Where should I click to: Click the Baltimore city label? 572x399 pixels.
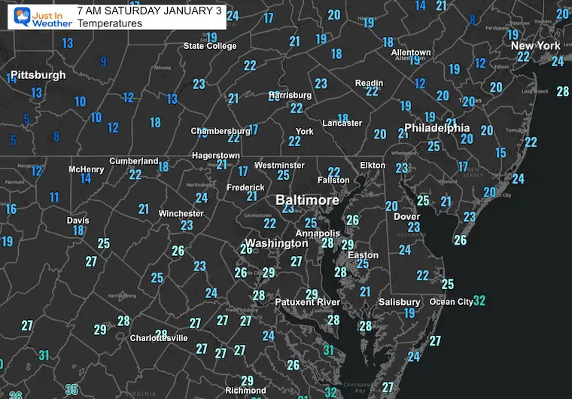[307, 201]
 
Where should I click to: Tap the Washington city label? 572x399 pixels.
[277, 243]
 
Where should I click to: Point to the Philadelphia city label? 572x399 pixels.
[437, 128]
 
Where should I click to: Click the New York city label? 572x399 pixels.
[536, 46]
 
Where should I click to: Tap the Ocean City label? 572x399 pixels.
[451, 302]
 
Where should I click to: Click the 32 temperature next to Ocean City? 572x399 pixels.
[479, 301]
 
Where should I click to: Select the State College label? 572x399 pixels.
[210, 47]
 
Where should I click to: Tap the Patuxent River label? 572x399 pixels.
[307, 302]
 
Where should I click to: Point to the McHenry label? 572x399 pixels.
[86, 169]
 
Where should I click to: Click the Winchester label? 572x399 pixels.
[181, 214]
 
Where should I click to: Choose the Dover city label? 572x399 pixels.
[407, 217]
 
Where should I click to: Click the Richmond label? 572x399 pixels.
[245, 391]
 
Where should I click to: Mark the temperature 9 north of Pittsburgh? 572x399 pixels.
[104, 62]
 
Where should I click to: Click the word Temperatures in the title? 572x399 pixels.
[110, 24]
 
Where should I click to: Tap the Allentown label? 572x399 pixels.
[411, 53]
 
